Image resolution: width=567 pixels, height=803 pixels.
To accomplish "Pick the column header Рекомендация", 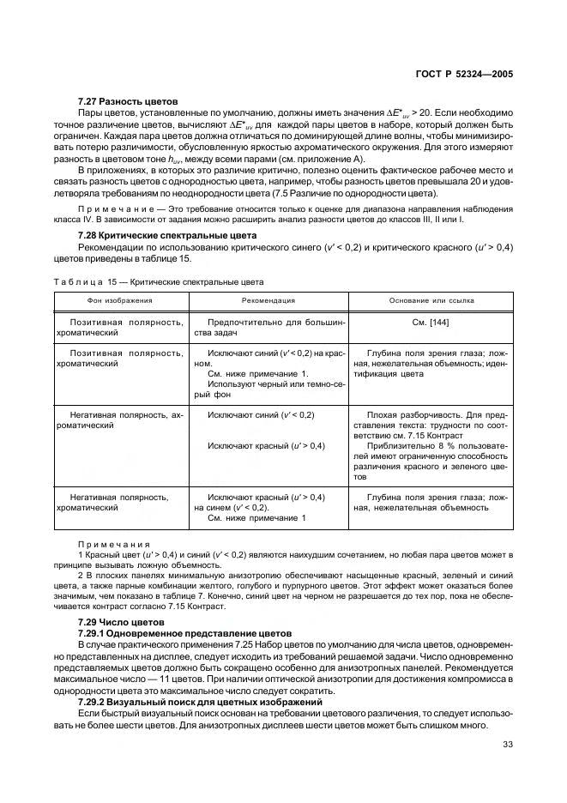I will (x=268, y=301).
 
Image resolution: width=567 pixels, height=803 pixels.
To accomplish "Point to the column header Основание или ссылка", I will (x=431, y=301).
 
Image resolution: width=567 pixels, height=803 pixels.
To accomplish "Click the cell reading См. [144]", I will (x=431, y=322).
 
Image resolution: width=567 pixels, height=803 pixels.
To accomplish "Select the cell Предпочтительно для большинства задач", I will (x=268, y=327).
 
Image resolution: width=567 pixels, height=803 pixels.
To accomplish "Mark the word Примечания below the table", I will (x=114, y=544).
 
